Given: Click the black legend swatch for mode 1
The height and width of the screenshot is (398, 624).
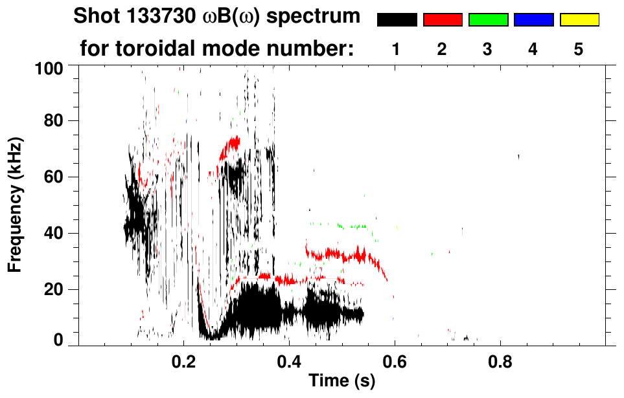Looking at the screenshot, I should point(397,20).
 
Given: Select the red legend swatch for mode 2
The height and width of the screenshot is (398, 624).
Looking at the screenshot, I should point(443,20).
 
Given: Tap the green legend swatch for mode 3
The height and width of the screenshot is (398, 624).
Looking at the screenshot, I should point(488,20).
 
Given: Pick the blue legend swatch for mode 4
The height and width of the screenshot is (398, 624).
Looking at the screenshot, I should point(533,20).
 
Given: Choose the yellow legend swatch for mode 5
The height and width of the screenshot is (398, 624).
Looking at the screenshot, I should point(579,20).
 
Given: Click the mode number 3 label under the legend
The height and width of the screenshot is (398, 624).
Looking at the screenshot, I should point(487,49).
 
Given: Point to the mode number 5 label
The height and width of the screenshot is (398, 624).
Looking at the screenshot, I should point(579,49).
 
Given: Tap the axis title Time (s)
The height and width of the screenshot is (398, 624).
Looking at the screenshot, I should point(341,382).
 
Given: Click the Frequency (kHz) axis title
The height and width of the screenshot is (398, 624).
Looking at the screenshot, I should point(16,204).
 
